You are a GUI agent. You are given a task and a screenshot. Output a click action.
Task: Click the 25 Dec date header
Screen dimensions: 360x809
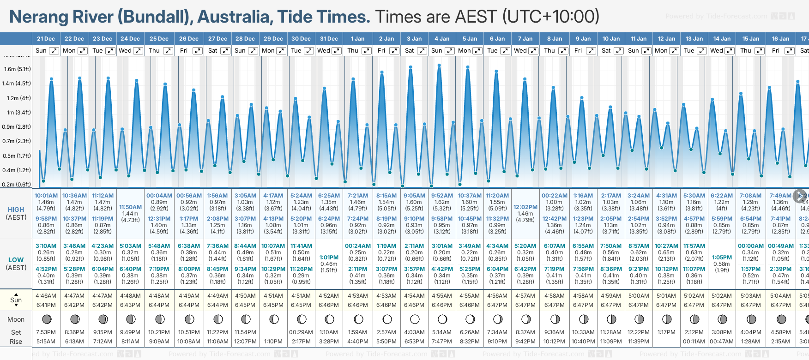click(x=159, y=39)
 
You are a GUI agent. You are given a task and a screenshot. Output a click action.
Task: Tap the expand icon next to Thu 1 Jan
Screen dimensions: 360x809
click(x=366, y=51)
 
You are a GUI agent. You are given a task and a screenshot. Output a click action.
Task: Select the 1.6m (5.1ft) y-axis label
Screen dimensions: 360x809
click(x=17, y=69)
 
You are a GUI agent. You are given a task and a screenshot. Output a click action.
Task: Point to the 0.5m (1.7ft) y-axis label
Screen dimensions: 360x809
click(x=17, y=156)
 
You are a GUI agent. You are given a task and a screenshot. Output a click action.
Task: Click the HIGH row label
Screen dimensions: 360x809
click(x=16, y=210)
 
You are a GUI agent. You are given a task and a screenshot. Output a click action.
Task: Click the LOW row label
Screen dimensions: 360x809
click(x=16, y=260)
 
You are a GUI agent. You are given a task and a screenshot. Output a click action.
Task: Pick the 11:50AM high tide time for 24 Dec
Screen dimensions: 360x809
click(x=130, y=207)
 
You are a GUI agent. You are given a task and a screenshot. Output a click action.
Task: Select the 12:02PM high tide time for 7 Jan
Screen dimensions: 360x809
click(x=525, y=207)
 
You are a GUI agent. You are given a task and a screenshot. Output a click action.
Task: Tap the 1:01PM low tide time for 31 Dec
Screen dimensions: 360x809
click(x=329, y=258)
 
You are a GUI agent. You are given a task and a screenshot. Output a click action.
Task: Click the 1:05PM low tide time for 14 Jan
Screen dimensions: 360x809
click(x=722, y=258)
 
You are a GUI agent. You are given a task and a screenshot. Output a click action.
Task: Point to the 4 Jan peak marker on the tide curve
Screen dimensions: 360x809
click(x=439, y=66)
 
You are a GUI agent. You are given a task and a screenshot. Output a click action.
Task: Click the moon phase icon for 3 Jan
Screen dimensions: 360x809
click(x=415, y=319)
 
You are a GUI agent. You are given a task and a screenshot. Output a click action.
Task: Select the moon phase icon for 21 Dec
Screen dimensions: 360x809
click(x=46, y=319)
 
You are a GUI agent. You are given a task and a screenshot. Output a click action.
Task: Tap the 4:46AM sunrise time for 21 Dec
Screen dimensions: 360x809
click(x=46, y=296)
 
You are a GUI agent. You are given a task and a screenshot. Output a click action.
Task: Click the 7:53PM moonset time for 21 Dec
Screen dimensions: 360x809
click(x=46, y=332)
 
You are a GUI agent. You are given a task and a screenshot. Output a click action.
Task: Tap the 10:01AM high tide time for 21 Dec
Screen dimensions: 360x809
click(x=46, y=196)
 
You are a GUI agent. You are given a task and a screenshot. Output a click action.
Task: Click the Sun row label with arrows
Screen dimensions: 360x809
click(x=16, y=300)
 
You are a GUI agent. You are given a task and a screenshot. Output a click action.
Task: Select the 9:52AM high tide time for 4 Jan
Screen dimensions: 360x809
click(x=442, y=196)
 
